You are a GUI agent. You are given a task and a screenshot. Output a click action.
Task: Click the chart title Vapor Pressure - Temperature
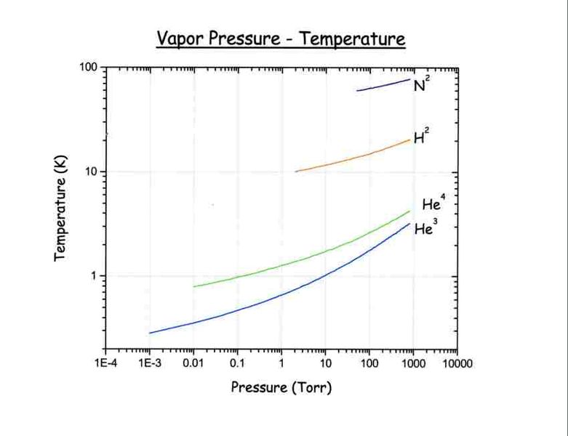pyautogui.click(x=281, y=38)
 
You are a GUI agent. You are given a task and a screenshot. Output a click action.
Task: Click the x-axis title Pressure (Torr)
pyautogui.click(x=281, y=387)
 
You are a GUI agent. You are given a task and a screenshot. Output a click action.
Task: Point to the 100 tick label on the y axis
pyautogui.click(x=89, y=68)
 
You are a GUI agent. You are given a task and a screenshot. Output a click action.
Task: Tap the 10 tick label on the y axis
pyautogui.click(x=92, y=172)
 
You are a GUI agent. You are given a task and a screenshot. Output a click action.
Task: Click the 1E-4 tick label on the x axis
pyautogui.click(x=105, y=363)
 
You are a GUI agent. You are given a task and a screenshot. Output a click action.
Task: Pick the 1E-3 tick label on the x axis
pyautogui.click(x=149, y=363)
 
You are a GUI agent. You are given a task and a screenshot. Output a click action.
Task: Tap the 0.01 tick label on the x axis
pyautogui.click(x=193, y=363)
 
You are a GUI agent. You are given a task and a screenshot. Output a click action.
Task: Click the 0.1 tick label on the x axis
pyautogui.click(x=237, y=363)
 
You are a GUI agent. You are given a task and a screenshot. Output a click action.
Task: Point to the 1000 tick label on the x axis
pyautogui.click(x=413, y=363)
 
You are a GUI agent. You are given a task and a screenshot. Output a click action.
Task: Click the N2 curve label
pyautogui.click(x=420, y=85)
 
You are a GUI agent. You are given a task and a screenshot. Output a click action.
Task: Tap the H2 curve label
pyautogui.click(x=421, y=137)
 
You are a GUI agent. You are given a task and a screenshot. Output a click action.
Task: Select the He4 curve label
pyautogui.click(x=433, y=204)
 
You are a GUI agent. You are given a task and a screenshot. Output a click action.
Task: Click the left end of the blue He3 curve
pyautogui.click(x=151, y=333)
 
